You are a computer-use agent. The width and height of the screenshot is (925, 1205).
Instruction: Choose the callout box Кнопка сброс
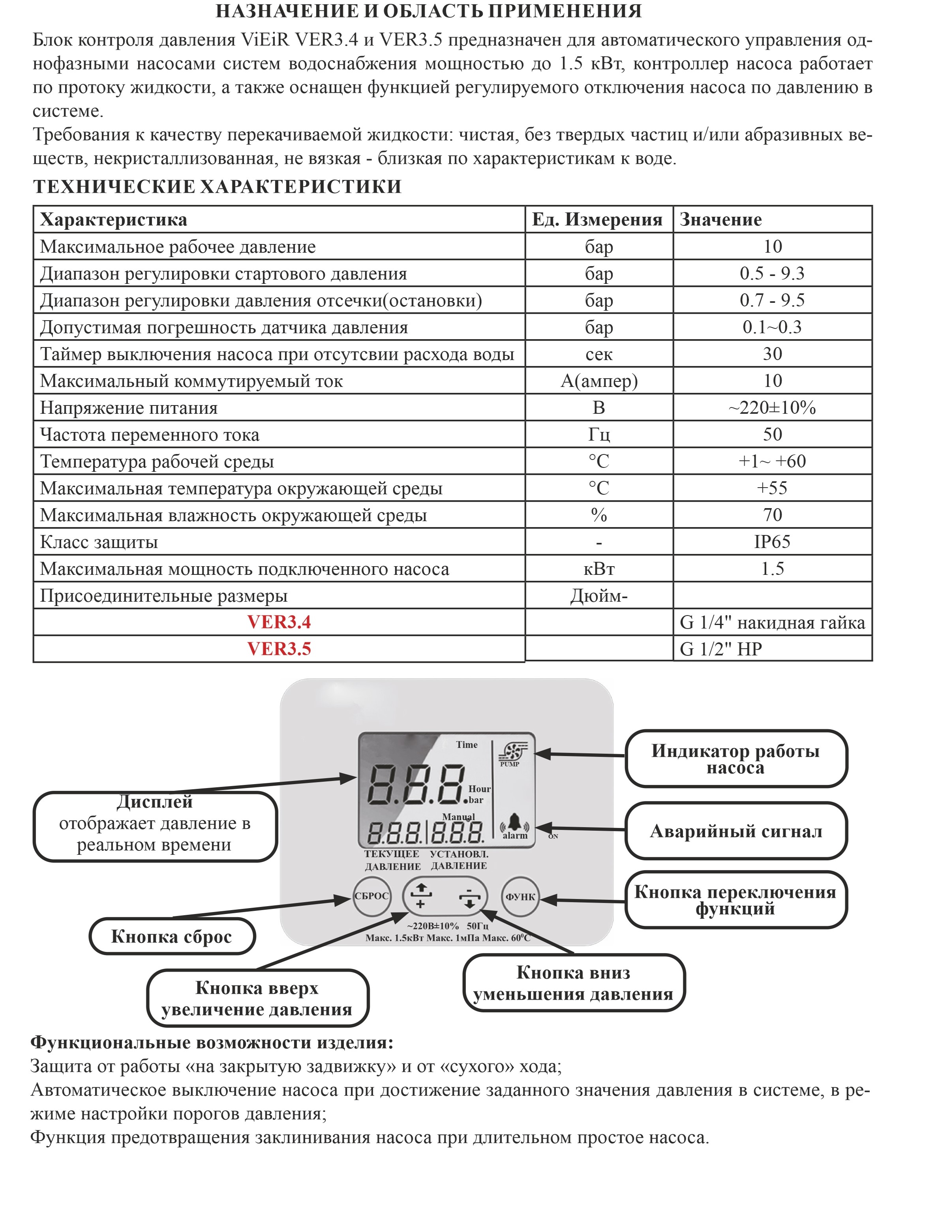[x=172, y=937]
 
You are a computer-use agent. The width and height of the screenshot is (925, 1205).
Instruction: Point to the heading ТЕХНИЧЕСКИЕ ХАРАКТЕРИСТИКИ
[x=218, y=187]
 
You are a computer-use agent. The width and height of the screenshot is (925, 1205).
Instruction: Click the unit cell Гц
[x=599, y=434]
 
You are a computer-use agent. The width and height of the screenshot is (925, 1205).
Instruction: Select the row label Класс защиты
[x=99, y=542]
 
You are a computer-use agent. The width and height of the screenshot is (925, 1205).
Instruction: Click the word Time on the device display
[x=466, y=745]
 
